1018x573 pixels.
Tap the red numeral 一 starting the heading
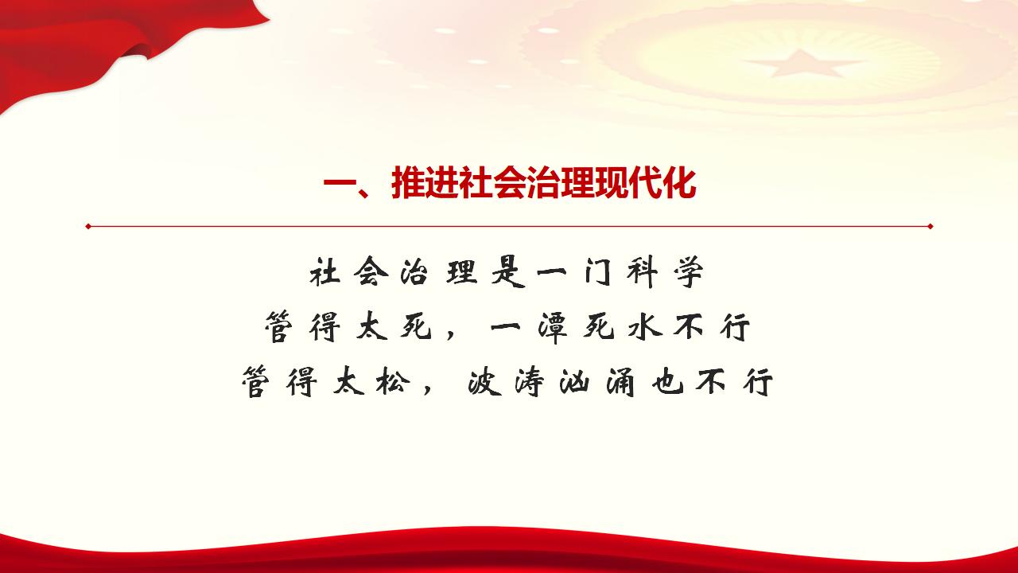(340, 185)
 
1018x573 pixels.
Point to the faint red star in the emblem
(801, 63)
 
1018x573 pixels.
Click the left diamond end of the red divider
(88, 226)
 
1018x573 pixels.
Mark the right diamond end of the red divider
(930, 226)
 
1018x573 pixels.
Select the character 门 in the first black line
(597, 273)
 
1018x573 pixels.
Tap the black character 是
(507, 274)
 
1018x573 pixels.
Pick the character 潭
(552, 327)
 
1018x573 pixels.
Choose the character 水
(644, 327)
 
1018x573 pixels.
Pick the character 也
(666, 381)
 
